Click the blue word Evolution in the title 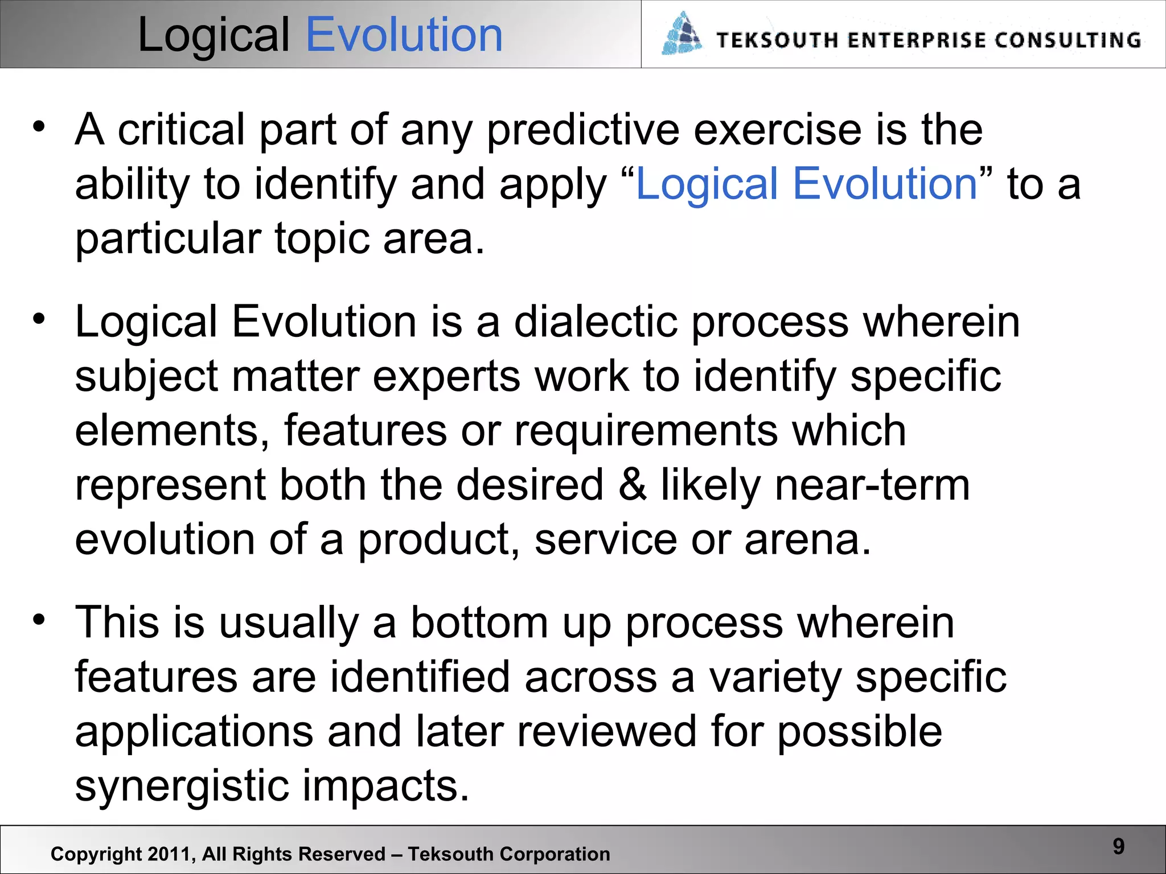coord(404,35)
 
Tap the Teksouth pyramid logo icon coord(681,34)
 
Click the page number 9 coord(1118,847)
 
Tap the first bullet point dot coord(38,127)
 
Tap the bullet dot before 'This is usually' coord(38,620)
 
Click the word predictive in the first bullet coord(583,131)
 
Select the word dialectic coord(596,322)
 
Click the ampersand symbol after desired coord(632,485)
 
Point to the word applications coord(194,732)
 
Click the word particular coord(168,239)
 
